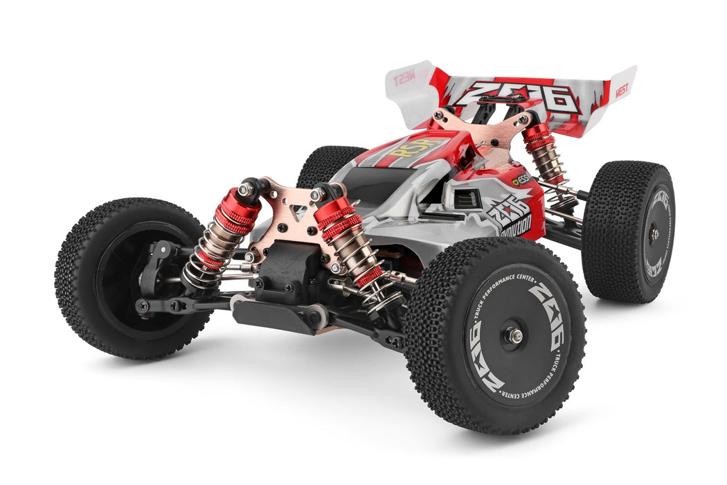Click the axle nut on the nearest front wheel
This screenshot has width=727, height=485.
pyautogui.click(x=513, y=335)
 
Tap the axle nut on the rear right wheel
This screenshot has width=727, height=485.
pyautogui.click(x=654, y=234)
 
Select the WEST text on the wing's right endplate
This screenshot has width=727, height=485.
pyautogui.click(x=622, y=89)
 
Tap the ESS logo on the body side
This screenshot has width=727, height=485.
pyautogui.click(x=521, y=180)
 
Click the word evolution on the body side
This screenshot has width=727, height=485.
pyautogui.click(x=515, y=224)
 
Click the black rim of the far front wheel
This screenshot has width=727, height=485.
pyautogui.click(x=132, y=277)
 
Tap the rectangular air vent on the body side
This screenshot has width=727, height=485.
pyautogui.click(x=467, y=200)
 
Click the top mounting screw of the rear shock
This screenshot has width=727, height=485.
pyautogui.click(x=524, y=119)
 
